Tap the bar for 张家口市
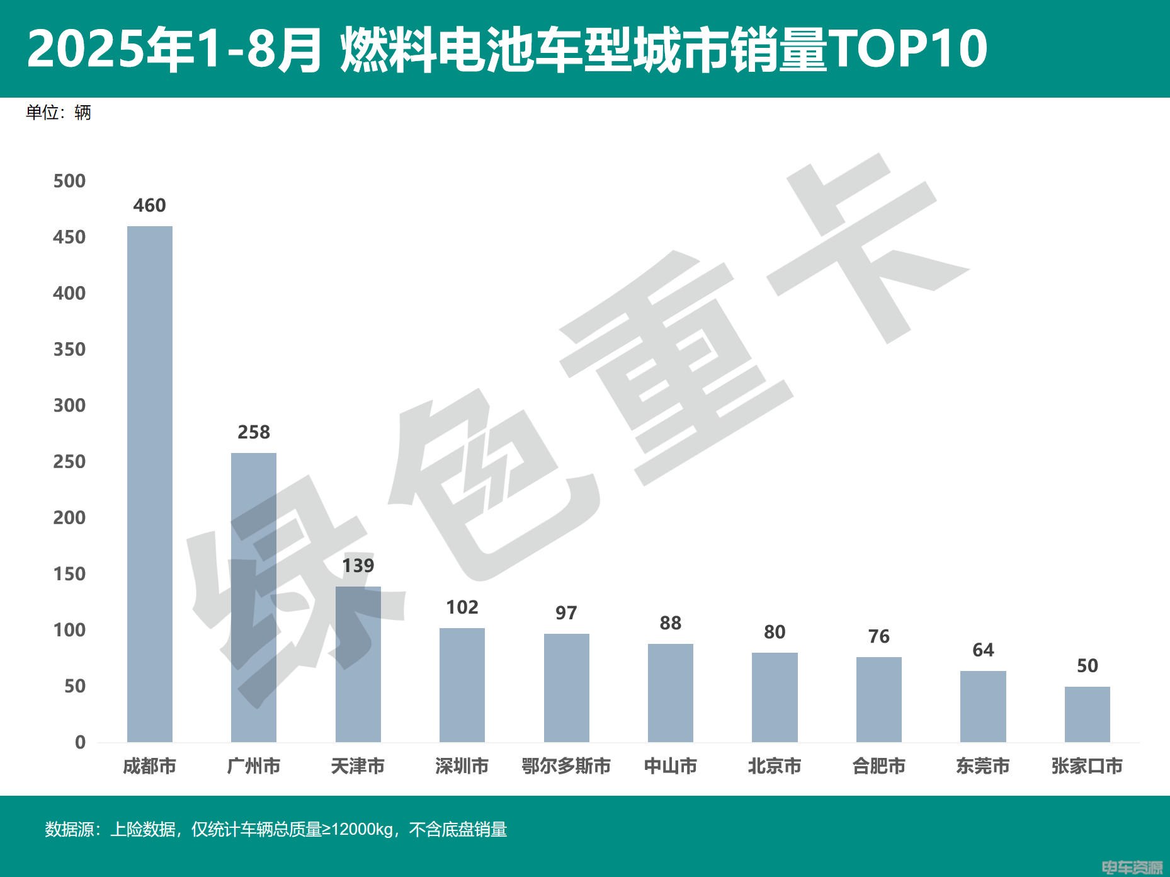(x=1087, y=714)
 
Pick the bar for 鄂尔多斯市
(x=566, y=688)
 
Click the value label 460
(x=150, y=205)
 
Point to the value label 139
(x=358, y=565)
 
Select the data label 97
(x=566, y=612)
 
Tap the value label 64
(x=983, y=650)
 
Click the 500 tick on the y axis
(x=69, y=181)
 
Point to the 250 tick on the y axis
(x=69, y=462)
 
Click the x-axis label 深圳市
(x=462, y=766)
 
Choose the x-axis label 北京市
(x=775, y=766)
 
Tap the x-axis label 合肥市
(x=878, y=766)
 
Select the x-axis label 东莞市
(x=983, y=766)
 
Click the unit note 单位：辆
(x=59, y=113)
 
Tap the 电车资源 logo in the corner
(x=1132, y=868)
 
